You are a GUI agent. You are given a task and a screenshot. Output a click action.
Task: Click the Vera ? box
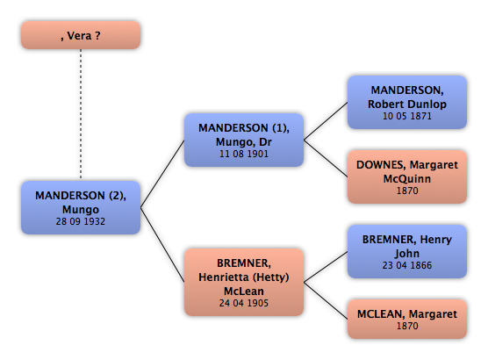coord(81,35)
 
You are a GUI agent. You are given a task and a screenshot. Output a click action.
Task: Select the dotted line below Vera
coord(81,114)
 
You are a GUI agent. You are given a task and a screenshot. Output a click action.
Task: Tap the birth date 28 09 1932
coord(81,221)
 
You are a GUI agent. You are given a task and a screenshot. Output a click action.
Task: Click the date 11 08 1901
coord(244,154)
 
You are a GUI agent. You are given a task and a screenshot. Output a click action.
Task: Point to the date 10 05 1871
coord(407,116)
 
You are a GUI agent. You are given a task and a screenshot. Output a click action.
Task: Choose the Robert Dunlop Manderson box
coord(407,102)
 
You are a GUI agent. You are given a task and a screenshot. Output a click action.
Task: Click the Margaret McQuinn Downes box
coord(407,176)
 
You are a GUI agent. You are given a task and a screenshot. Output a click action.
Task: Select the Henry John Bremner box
coord(407,251)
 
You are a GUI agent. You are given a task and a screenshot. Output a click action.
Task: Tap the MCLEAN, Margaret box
coord(407,319)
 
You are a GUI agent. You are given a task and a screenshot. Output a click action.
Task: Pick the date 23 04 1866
coord(407,265)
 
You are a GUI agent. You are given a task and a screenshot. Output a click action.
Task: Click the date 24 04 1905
coord(244,303)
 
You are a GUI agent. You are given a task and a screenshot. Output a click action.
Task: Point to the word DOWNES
coord(381,165)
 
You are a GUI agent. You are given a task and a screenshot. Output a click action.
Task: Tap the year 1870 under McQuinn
coord(407,191)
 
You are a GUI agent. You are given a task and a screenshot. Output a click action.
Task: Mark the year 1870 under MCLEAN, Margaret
coord(407,326)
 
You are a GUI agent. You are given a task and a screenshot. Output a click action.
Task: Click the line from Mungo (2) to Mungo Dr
coord(162,174)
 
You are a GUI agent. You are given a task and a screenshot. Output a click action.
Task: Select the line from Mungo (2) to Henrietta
coord(162,245)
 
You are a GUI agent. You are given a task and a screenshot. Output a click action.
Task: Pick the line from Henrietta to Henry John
coord(326,267)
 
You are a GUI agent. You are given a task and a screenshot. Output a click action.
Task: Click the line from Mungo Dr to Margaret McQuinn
coord(326,159)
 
